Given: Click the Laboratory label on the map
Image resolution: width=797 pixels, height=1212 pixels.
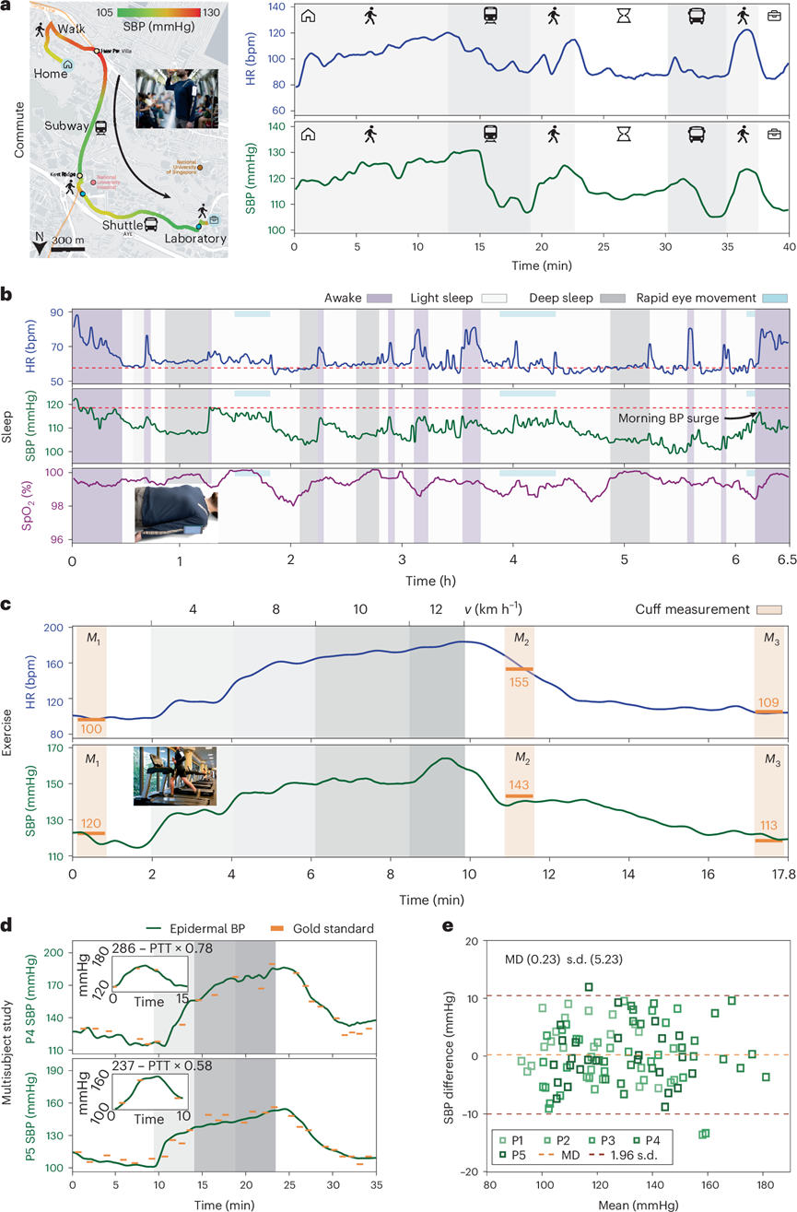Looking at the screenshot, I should pos(195,239).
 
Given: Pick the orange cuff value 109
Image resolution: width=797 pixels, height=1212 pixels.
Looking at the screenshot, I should pos(768,702).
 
